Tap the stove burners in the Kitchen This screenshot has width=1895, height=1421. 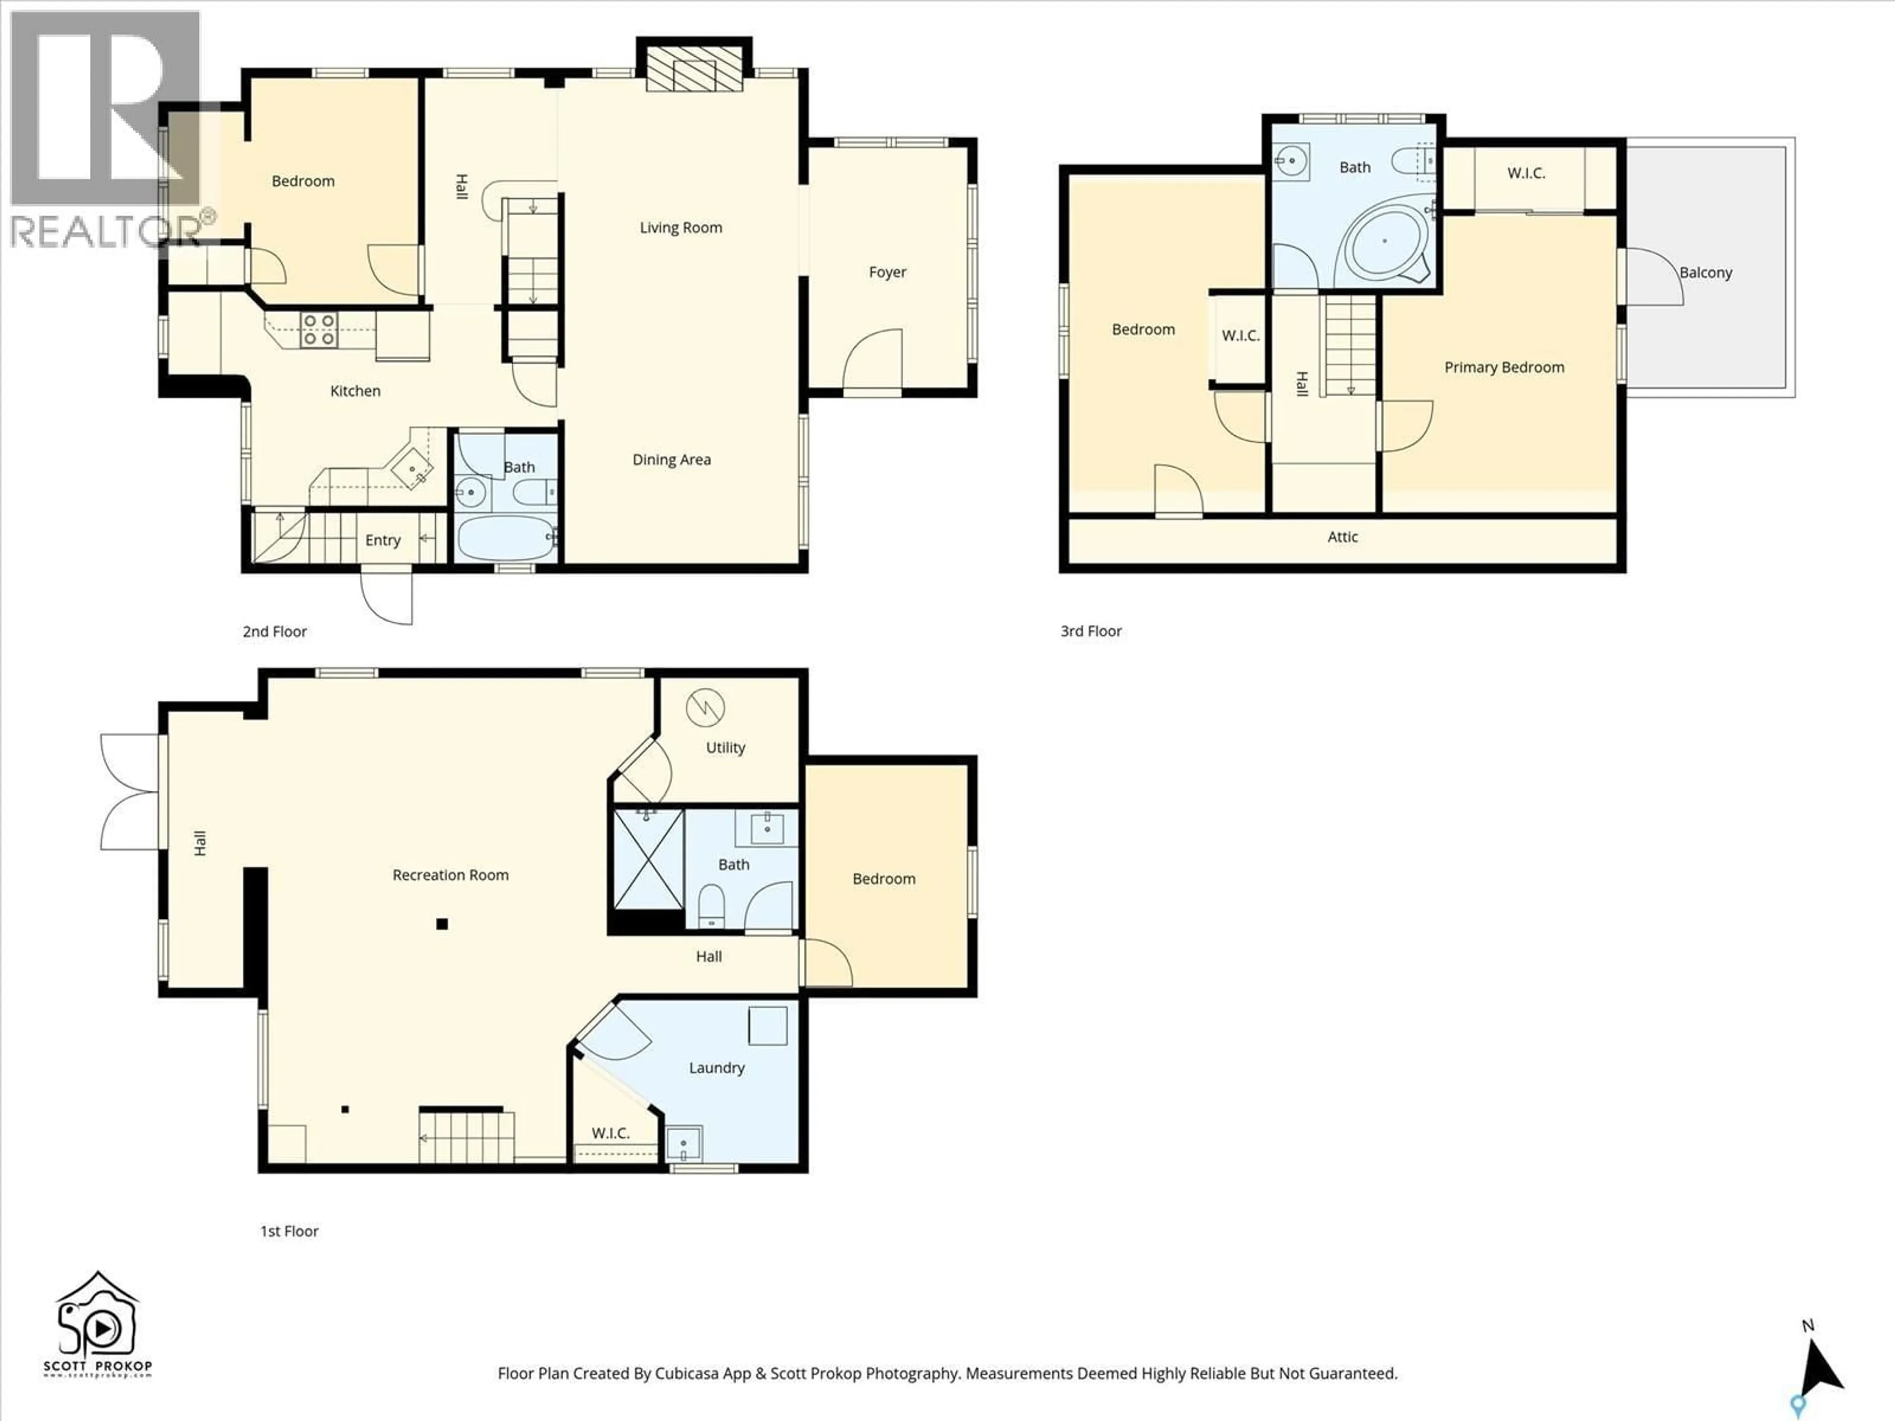[319, 330]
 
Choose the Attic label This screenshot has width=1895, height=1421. [1342, 537]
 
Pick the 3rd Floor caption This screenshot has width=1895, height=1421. [1091, 631]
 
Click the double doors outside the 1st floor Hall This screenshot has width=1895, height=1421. [128, 792]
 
